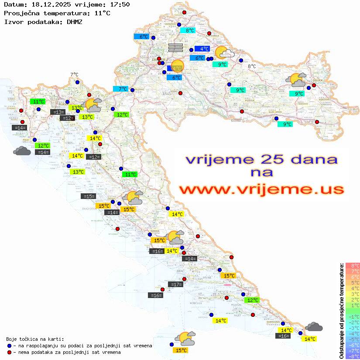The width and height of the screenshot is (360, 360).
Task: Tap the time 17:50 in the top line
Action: pyautogui.click(x=120, y=5)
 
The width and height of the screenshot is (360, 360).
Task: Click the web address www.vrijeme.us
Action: pyautogui.click(x=261, y=189)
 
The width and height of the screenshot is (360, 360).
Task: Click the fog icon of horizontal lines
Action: pyautogui.click(x=175, y=48)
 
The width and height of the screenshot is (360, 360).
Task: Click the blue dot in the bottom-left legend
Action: pyautogui.click(x=10, y=346)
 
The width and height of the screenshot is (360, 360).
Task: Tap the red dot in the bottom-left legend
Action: pyautogui.click(x=10, y=352)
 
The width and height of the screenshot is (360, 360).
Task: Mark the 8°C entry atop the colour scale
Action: pyautogui.click(x=352, y=265)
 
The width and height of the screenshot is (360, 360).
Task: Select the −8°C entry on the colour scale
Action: pyautogui.click(x=352, y=356)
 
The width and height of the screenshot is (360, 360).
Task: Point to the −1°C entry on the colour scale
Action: pyautogui.click(x=352, y=316)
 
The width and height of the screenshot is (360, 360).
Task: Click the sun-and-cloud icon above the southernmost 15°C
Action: pyautogui.click(x=185, y=338)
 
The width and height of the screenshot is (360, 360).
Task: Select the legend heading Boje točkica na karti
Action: pyautogui.click(x=35, y=339)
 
